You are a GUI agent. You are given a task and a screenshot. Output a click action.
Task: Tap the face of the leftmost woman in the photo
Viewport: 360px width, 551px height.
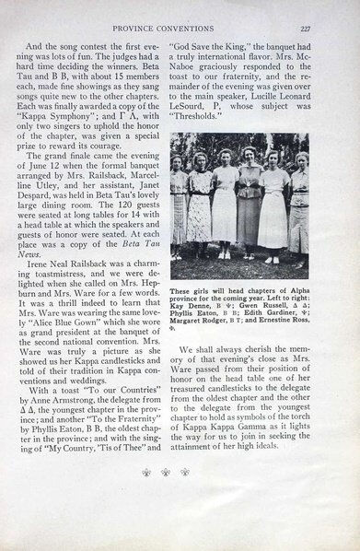point(178,163)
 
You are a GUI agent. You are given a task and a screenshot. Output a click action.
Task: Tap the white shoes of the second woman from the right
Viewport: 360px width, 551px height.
point(273,259)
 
